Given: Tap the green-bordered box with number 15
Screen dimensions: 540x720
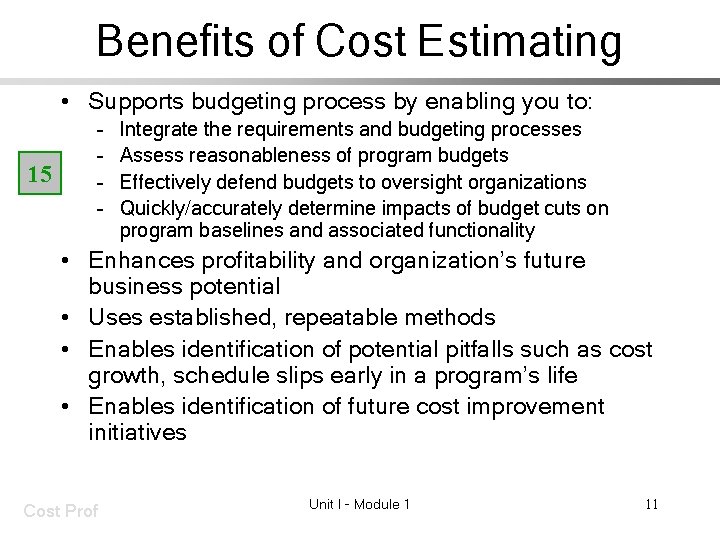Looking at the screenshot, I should (x=40, y=174).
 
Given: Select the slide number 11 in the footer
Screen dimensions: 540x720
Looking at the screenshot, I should (x=651, y=504).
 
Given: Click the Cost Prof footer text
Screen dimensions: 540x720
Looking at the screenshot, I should (x=60, y=511).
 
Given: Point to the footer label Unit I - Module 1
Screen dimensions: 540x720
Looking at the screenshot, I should (x=359, y=504).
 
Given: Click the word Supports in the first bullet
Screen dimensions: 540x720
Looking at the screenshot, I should (x=134, y=101).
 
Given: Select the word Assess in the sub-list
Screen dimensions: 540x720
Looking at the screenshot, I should (x=150, y=155).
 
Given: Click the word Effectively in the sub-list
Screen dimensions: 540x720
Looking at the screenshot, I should (x=163, y=181).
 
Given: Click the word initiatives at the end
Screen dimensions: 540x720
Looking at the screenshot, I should (x=137, y=433).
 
